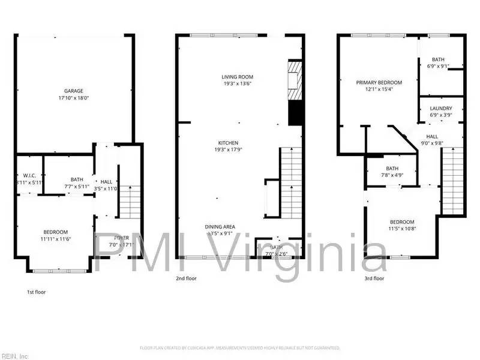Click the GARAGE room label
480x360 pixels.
point(70,91)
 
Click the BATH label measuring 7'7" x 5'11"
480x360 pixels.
point(77,179)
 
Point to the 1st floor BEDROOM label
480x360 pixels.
point(55,232)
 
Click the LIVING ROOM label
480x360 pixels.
point(238,77)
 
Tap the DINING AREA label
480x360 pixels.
point(220,227)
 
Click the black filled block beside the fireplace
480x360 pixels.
point(295,113)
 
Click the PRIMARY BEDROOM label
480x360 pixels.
point(379,83)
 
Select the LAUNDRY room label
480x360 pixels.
point(440,109)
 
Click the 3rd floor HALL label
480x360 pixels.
point(432,137)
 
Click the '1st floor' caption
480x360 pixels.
point(36,292)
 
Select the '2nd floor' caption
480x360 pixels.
point(186,278)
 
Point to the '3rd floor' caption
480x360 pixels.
point(374,278)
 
